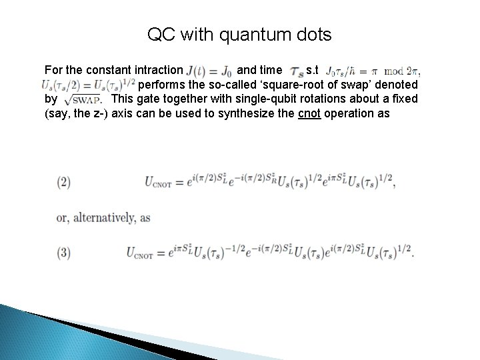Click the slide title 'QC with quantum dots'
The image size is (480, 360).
pos(239,35)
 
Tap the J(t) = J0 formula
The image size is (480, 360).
pos(210,70)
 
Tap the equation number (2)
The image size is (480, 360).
pos(65,181)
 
